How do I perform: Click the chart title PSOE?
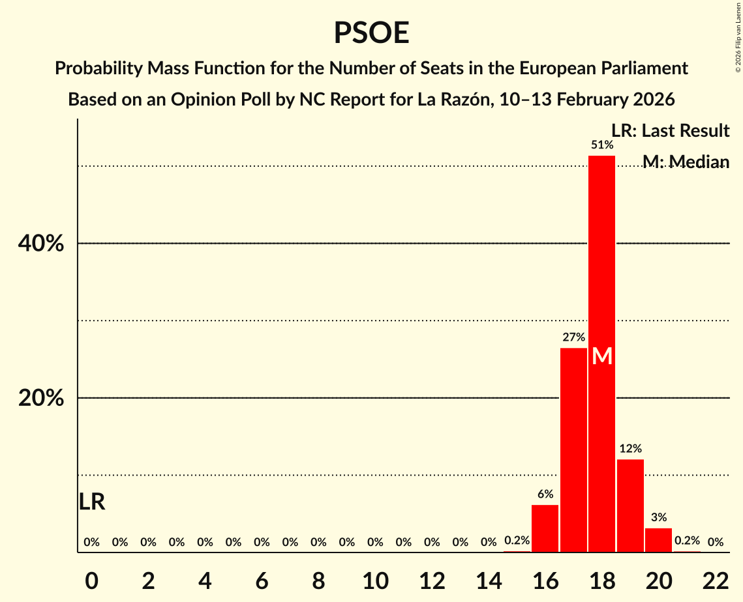(x=371, y=33)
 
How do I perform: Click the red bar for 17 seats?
(x=573, y=450)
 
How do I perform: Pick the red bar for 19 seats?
(x=630, y=506)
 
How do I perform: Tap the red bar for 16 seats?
(x=545, y=528)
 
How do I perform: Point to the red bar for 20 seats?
(x=658, y=540)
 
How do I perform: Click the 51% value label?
(x=601, y=145)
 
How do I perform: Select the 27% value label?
(x=573, y=337)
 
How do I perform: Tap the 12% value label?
(x=630, y=449)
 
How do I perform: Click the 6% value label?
(x=545, y=494)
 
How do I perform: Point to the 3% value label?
(x=659, y=518)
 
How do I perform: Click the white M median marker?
(x=602, y=356)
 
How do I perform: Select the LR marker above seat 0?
(x=92, y=502)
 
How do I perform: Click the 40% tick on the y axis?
(x=40, y=244)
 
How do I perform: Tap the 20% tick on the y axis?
(x=40, y=398)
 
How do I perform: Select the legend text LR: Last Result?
(x=670, y=131)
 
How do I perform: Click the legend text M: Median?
(x=686, y=162)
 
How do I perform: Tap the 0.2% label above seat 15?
(x=517, y=541)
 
